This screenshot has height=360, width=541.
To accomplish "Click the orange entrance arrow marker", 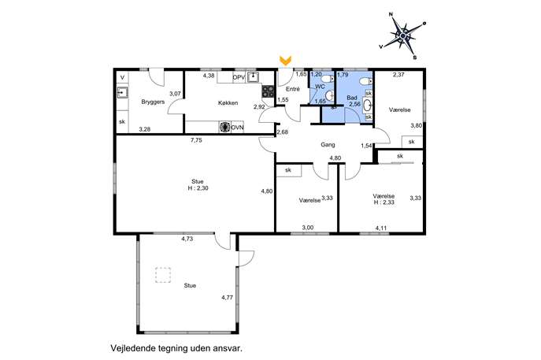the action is click(x=285, y=61).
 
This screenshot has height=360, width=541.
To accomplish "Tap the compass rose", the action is click(x=402, y=35).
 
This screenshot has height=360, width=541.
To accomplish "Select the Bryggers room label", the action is click(x=153, y=102).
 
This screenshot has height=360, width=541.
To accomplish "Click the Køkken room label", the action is click(x=228, y=103).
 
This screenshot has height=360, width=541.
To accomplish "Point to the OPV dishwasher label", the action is click(x=239, y=78).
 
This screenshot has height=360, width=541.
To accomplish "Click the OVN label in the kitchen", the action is click(x=237, y=128).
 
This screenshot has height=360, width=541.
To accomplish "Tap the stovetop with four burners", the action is click(x=268, y=91).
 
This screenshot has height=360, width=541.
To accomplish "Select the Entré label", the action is click(x=293, y=89).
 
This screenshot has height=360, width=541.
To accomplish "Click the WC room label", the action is click(x=320, y=87).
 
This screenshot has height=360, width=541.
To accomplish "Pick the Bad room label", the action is click(x=352, y=98).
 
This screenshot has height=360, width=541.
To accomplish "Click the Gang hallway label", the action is click(x=328, y=145).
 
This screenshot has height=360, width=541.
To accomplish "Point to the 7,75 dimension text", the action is click(x=196, y=140).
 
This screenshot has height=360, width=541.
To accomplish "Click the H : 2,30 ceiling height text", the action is click(x=198, y=188).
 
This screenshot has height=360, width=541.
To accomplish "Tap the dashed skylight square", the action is click(x=163, y=275).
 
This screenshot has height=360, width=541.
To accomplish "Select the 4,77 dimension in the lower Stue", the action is click(x=227, y=298).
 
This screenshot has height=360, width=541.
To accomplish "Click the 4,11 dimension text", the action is click(x=381, y=228).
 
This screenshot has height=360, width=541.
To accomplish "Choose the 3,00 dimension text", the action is click(x=308, y=228).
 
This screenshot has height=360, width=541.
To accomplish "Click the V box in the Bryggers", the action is click(x=122, y=78).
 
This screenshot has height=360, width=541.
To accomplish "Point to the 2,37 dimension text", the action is click(x=398, y=74).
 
